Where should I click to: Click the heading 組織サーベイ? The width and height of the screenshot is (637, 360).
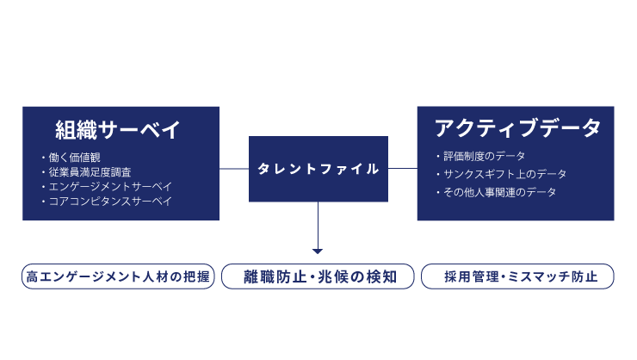coord(118,130)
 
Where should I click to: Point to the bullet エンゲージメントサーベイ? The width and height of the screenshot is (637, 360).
coord(107,187)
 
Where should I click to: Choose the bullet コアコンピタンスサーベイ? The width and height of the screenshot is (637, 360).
coord(107,202)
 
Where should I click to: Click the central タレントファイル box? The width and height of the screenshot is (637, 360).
coord(318,169)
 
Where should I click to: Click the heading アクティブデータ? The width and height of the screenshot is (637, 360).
coord(517,129)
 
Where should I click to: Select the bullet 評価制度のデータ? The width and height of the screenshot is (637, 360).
coord(485,156)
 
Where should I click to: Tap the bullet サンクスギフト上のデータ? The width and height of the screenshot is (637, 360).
coord(502,174)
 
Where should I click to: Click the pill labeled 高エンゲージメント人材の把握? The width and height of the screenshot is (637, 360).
coord(118,276)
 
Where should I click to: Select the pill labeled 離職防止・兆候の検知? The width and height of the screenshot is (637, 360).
coord(318,276)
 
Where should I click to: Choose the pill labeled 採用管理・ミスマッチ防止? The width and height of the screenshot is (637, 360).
coord(517,276)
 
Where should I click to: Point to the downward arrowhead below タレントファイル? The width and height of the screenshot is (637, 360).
coord(318,251)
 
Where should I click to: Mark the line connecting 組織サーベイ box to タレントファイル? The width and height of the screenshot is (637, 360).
coord(234,169)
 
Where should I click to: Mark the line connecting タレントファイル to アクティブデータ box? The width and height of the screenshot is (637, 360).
coord(403,169)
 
